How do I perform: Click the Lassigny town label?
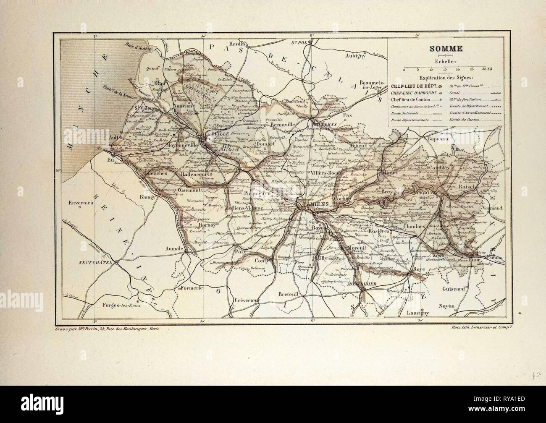coord(407,313)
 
